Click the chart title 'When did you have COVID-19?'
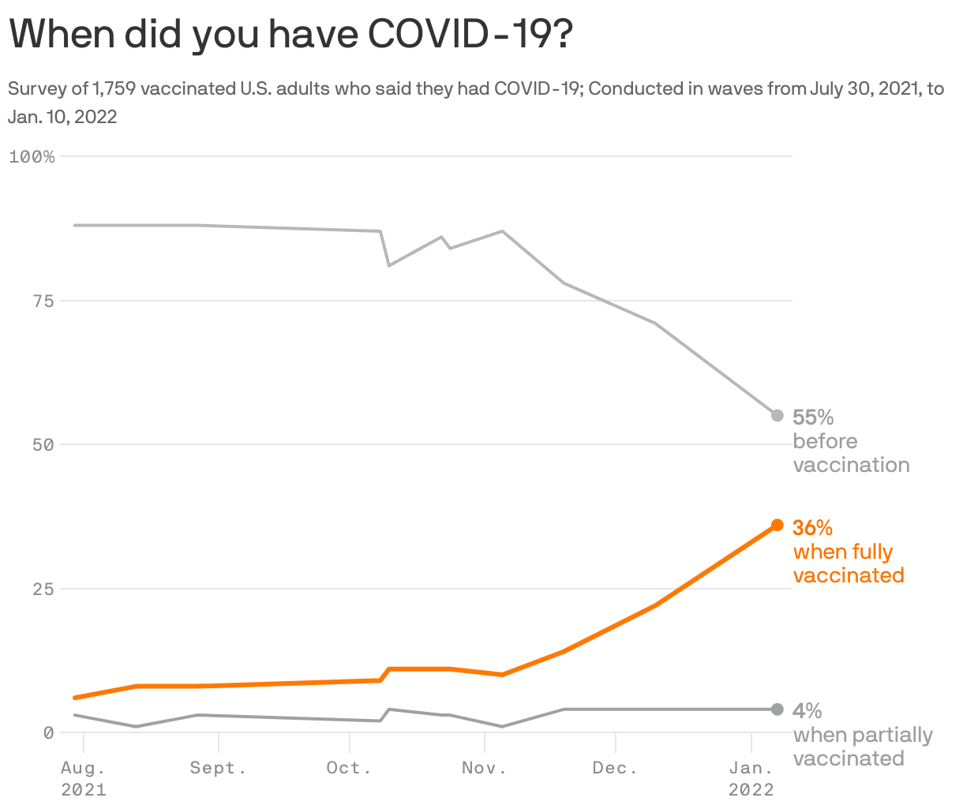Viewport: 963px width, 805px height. (290, 35)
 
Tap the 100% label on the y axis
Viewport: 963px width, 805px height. (32, 156)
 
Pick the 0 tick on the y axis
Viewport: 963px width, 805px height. (48, 732)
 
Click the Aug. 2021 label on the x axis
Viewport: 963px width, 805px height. (84, 778)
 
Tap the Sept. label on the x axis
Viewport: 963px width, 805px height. (218, 768)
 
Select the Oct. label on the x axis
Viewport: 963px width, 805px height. (349, 768)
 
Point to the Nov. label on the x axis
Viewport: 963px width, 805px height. (484, 768)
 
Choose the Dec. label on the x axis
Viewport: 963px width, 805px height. (615, 768)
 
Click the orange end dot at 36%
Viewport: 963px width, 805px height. (777, 525)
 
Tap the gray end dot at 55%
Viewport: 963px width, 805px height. (777, 415)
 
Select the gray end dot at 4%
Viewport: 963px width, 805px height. (777, 710)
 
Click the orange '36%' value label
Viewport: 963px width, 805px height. (812, 527)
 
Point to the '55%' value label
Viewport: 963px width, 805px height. (813, 417)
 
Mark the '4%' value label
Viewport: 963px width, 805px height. (807, 711)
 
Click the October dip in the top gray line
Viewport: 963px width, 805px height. (389, 265)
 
